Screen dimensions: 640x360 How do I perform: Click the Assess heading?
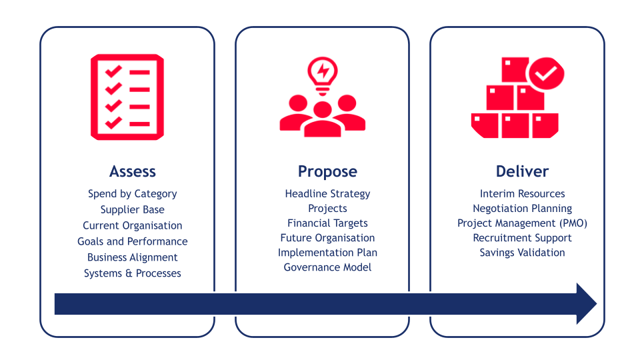point(133,171)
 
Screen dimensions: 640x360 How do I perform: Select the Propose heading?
point(327,172)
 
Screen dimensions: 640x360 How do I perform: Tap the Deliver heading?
point(522,171)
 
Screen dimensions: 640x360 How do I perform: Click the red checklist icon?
point(127,97)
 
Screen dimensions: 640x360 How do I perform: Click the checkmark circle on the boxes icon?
point(547,73)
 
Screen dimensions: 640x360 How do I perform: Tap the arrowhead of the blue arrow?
point(587,304)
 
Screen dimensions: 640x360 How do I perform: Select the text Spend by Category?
point(133,194)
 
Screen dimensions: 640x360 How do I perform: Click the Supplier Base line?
point(133,210)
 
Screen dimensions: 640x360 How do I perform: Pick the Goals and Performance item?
point(133,241)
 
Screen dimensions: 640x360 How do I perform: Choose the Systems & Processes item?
point(133,273)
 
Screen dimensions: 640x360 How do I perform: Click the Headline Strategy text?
point(327,194)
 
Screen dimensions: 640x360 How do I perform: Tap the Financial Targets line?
point(327,223)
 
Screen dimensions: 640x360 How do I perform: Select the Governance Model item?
point(327,267)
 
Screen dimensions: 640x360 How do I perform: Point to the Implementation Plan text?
point(327,253)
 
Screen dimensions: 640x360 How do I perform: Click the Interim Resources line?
point(522,193)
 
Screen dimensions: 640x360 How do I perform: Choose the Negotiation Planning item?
point(522,209)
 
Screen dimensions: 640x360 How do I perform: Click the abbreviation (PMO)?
point(573,223)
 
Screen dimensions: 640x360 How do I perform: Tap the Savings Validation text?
point(522,253)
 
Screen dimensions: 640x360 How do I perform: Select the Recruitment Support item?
point(522,238)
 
